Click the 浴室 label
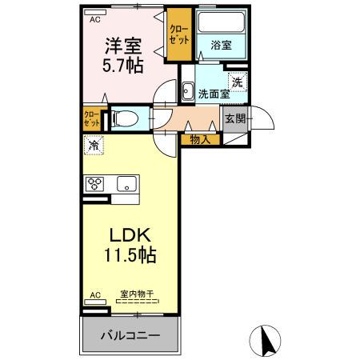coord(222,46)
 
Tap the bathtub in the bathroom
coord(222,26)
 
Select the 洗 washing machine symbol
coord(238,80)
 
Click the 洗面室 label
coord(214,93)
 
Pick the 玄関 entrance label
coord(234,118)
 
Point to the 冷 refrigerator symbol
coord(94,146)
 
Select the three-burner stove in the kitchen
coord(97,183)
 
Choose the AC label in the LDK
coord(94,295)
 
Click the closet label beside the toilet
coord(92,118)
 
